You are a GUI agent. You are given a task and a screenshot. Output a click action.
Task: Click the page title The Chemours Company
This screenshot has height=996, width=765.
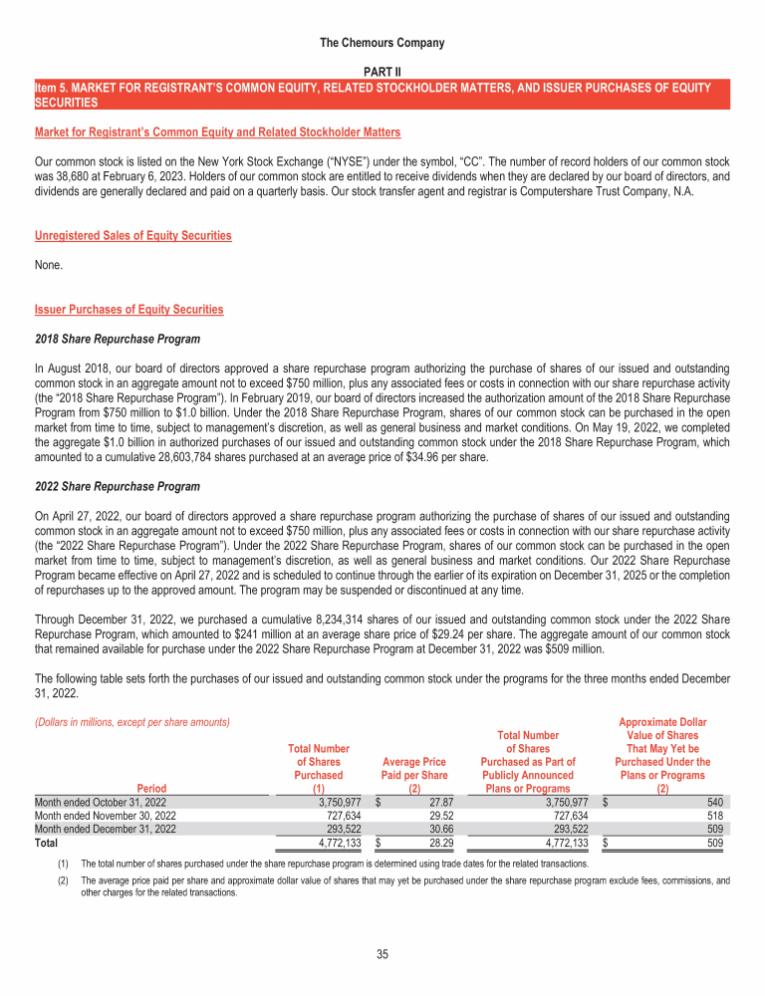[x=382, y=43]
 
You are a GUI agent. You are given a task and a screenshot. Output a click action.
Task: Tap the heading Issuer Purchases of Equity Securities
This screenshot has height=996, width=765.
[x=128, y=310]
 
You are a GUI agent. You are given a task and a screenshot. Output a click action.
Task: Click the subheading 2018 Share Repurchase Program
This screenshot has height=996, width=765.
[x=117, y=339]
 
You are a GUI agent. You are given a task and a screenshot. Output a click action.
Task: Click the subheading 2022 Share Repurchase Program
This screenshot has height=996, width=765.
[x=117, y=486]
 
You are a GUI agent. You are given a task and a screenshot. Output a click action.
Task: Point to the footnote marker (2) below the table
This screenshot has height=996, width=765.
[x=66, y=880]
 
